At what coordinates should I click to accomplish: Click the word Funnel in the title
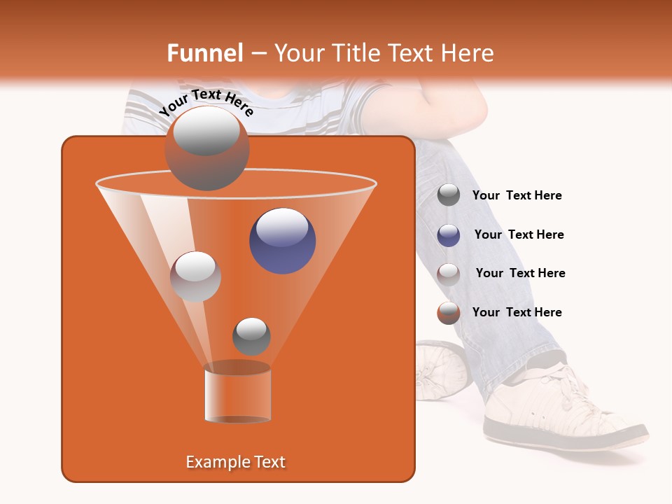[204, 53]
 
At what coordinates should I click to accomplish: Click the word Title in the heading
[355, 53]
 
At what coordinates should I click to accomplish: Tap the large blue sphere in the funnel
[283, 241]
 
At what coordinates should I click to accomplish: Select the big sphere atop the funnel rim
[206, 148]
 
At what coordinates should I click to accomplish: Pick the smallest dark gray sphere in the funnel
[251, 336]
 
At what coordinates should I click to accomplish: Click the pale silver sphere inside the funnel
[195, 276]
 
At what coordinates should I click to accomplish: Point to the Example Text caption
[235, 462]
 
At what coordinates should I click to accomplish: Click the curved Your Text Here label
[206, 102]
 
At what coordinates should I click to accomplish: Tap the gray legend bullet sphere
[449, 195]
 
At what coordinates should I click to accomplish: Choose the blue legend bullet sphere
[449, 235]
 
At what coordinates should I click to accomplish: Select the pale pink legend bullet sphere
[449, 274]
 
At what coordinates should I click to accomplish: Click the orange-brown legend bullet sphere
[449, 313]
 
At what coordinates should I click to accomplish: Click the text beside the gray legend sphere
[517, 195]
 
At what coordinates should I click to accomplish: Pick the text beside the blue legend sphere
[519, 234]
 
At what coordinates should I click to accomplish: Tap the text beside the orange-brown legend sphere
[517, 312]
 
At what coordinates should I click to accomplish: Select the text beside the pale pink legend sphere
[520, 273]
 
